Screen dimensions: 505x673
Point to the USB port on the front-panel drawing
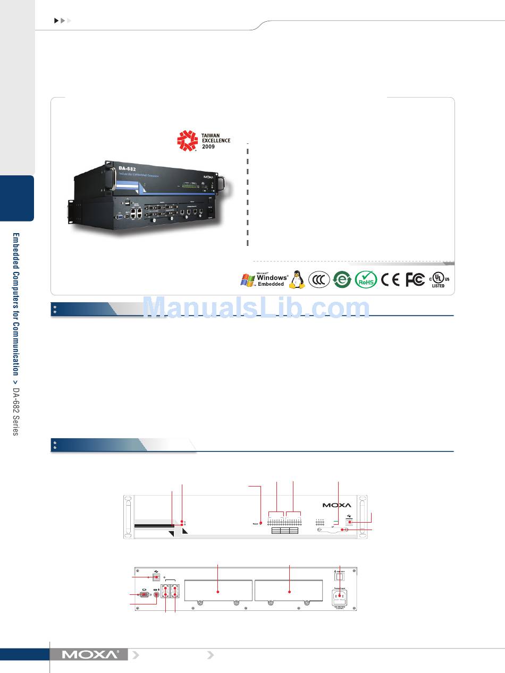coord(350,523)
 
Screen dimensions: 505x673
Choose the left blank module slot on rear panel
coord(218,590)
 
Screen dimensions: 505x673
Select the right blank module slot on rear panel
coord(289,590)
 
